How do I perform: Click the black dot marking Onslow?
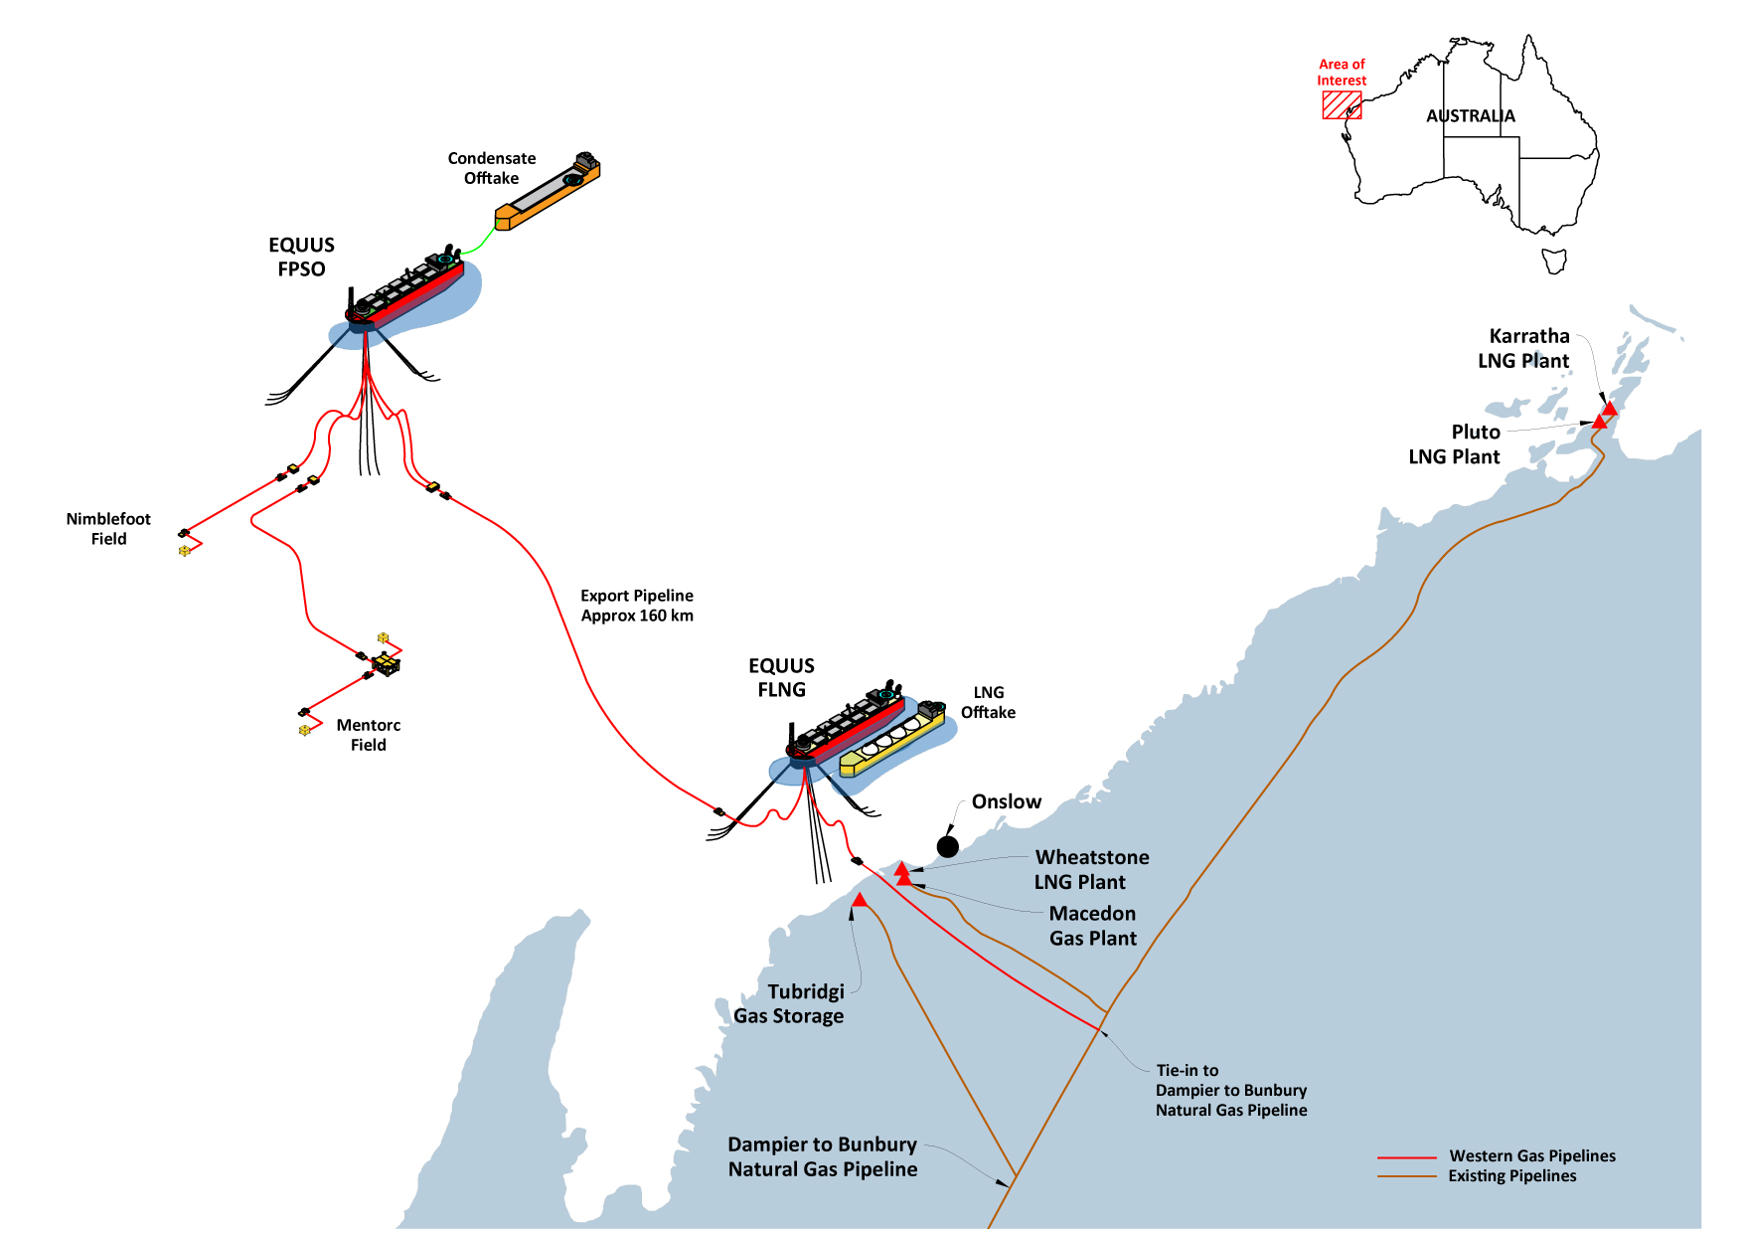(x=948, y=846)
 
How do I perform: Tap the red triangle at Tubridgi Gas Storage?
(x=860, y=901)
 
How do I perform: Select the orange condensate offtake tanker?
(x=548, y=192)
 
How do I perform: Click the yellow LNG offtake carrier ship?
(x=891, y=740)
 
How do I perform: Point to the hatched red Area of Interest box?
(x=1342, y=105)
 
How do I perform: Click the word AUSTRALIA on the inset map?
(x=1471, y=116)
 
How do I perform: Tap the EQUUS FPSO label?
(x=301, y=257)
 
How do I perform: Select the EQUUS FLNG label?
(x=781, y=677)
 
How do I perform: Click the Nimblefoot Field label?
(x=108, y=529)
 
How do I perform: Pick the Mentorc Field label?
(x=368, y=735)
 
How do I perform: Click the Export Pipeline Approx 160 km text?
(x=637, y=606)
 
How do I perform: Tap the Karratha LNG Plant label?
(x=1524, y=348)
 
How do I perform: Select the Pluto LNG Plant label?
(x=1455, y=444)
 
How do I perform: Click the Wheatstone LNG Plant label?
(x=1091, y=869)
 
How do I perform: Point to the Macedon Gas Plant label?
(x=1092, y=926)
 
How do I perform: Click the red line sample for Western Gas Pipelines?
(x=1406, y=1157)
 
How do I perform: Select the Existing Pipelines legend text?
(x=1511, y=1176)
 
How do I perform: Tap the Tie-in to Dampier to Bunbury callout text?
(x=1230, y=1091)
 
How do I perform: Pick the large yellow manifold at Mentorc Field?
(x=386, y=662)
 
